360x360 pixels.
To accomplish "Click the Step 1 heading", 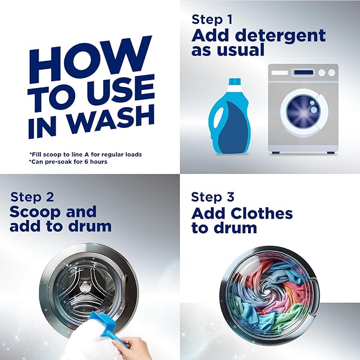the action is (212, 20).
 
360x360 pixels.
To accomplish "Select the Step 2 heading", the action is (32, 197).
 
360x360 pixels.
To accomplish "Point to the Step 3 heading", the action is (213, 197).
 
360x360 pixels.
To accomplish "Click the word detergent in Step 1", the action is (280, 35).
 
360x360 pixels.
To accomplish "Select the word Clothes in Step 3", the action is (262, 213).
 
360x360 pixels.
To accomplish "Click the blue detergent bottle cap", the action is (235, 82).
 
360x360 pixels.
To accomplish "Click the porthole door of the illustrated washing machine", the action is (303, 112).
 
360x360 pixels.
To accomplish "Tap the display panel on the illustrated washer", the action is (303, 73).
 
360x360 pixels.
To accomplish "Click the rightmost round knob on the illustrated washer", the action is (331, 73).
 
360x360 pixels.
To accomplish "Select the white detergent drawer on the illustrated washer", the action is (279, 73).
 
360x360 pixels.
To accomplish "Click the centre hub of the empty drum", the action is (85, 287).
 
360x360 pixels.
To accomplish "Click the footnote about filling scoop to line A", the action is (85, 154).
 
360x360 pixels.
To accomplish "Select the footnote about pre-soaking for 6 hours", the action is (68, 162).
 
